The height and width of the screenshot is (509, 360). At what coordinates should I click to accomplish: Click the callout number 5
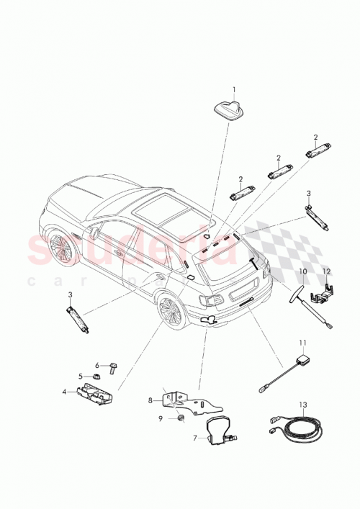[x=81, y=375]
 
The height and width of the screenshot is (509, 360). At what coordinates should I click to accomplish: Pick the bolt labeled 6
[x=112, y=368]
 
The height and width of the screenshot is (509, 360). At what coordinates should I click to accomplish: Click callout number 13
[x=303, y=405]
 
